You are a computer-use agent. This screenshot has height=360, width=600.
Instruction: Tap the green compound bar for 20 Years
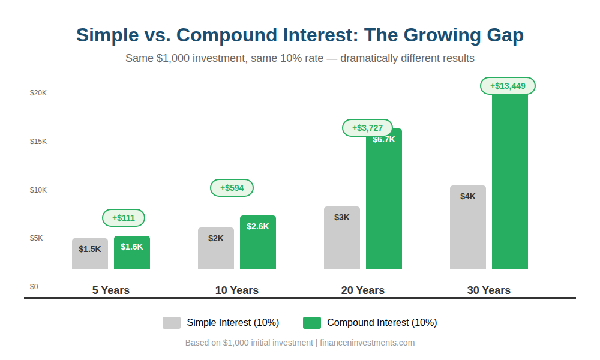click(x=384, y=204)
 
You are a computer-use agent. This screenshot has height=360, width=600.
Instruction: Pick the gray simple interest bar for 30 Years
click(x=468, y=234)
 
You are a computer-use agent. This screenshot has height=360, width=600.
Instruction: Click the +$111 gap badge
click(x=124, y=218)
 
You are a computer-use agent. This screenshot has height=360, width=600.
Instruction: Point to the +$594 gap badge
click(x=232, y=188)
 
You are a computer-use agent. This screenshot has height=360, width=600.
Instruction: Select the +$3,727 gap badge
click(x=367, y=128)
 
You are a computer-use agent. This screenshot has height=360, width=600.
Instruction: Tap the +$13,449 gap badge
click(x=508, y=86)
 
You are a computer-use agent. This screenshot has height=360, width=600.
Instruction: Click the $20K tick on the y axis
click(x=38, y=93)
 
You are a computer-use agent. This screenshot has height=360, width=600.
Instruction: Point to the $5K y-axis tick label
click(x=37, y=238)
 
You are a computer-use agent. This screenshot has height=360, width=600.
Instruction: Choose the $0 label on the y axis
click(x=34, y=287)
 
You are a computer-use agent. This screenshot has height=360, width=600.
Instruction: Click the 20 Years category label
click(x=363, y=290)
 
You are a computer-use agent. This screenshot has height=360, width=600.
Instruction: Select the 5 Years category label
click(x=111, y=290)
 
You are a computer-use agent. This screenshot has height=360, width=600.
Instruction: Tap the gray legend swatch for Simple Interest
click(x=172, y=323)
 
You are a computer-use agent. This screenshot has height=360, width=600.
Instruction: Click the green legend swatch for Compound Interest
click(x=312, y=323)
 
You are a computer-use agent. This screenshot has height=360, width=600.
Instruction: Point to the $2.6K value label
click(x=258, y=226)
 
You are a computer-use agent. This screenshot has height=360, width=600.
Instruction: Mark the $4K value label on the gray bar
click(x=468, y=196)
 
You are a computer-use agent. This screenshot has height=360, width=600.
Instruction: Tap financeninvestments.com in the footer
click(x=367, y=343)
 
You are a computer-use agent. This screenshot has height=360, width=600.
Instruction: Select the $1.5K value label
click(x=90, y=249)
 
